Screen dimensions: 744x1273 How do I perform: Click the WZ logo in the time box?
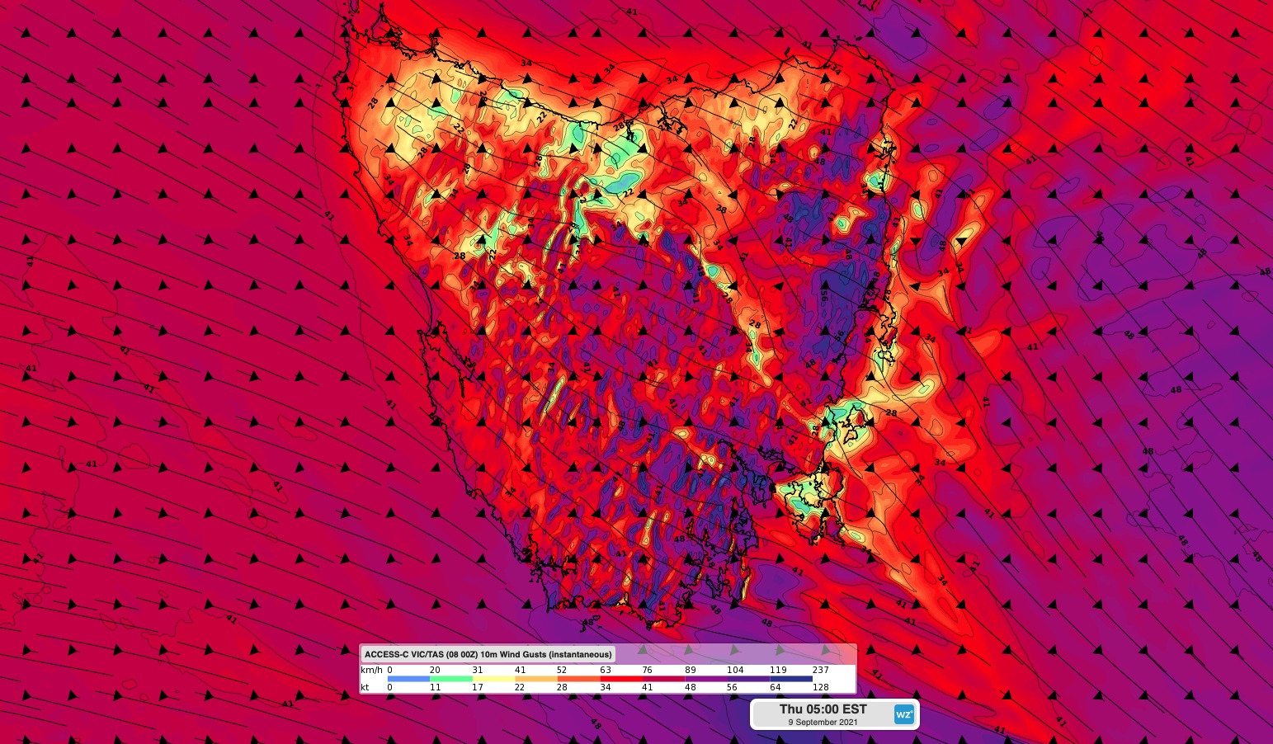tap(904, 714)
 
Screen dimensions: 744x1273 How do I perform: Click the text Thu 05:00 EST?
tap(823, 709)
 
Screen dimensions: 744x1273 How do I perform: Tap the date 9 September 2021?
tap(823, 723)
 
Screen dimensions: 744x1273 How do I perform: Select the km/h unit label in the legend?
tap(371, 670)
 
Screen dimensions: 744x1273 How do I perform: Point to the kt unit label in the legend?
tap(365, 687)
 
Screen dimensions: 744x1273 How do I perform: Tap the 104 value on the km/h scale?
tap(735, 670)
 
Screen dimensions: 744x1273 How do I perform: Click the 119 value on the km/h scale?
tap(777, 670)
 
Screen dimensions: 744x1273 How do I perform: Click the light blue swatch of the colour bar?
tap(408, 679)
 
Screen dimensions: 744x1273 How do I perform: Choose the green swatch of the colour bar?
tap(451, 679)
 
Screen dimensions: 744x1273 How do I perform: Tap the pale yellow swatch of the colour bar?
tap(493, 679)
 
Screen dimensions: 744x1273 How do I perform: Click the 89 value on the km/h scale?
tap(691, 670)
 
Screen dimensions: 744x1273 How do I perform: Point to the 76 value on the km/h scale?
tap(648, 670)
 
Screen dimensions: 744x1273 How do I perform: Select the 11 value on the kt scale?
tap(435, 687)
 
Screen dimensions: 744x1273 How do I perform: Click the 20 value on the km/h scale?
tap(435, 670)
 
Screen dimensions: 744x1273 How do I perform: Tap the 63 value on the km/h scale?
tap(606, 670)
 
